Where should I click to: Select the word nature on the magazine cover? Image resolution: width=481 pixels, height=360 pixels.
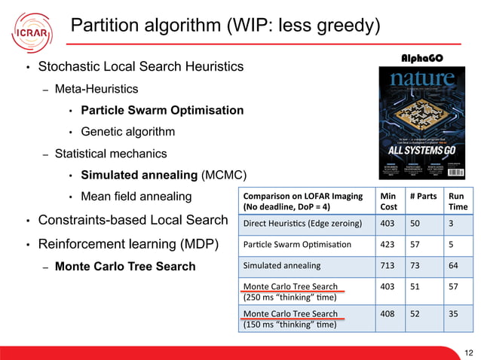coord(422,78)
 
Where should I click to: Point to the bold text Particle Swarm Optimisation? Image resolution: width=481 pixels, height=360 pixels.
coord(162,110)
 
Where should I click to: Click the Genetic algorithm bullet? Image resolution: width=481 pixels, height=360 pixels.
coord(128,132)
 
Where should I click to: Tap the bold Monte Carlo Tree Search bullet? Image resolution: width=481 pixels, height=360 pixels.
coord(125,266)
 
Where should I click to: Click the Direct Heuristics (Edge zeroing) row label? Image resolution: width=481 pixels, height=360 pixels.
coord(302,223)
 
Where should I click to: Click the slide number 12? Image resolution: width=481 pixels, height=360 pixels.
coord(470,351)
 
